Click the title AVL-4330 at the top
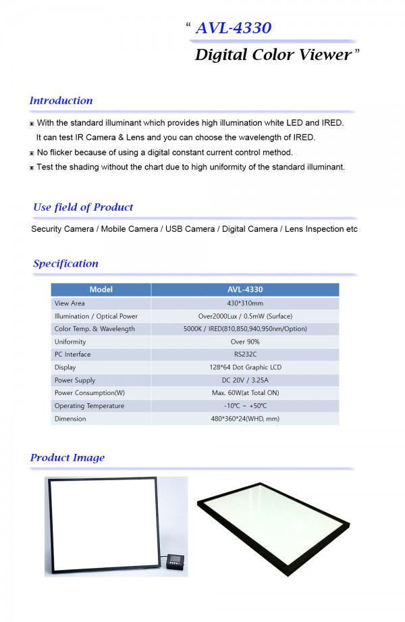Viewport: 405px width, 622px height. (x=233, y=28)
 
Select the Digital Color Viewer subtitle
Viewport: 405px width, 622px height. (x=273, y=55)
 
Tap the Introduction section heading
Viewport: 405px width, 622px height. (x=61, y=101)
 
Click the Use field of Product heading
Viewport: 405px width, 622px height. (x=83, y=207)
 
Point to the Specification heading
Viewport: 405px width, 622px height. (x=65, y=263)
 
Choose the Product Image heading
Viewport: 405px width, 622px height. (x=67, y=458)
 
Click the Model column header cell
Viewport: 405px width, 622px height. (x=101, y=290)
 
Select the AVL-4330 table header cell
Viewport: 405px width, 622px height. (x=245, y=290)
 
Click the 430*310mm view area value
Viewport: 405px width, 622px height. (x=245, y=303)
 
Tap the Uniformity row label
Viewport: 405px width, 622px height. (x=70, y=342)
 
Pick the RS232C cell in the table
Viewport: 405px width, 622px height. (x=245, y=355)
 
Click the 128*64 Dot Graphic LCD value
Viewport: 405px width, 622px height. (x=245, y=367)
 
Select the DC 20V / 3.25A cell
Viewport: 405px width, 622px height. (x=245, y=380)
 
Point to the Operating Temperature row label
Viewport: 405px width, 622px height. (x=89, y=406)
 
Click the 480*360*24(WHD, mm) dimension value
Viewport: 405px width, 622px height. (x=245, y=419)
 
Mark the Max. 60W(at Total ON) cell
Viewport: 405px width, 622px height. (x=245, y=393)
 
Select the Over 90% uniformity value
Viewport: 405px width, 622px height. (x=245, y=342)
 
